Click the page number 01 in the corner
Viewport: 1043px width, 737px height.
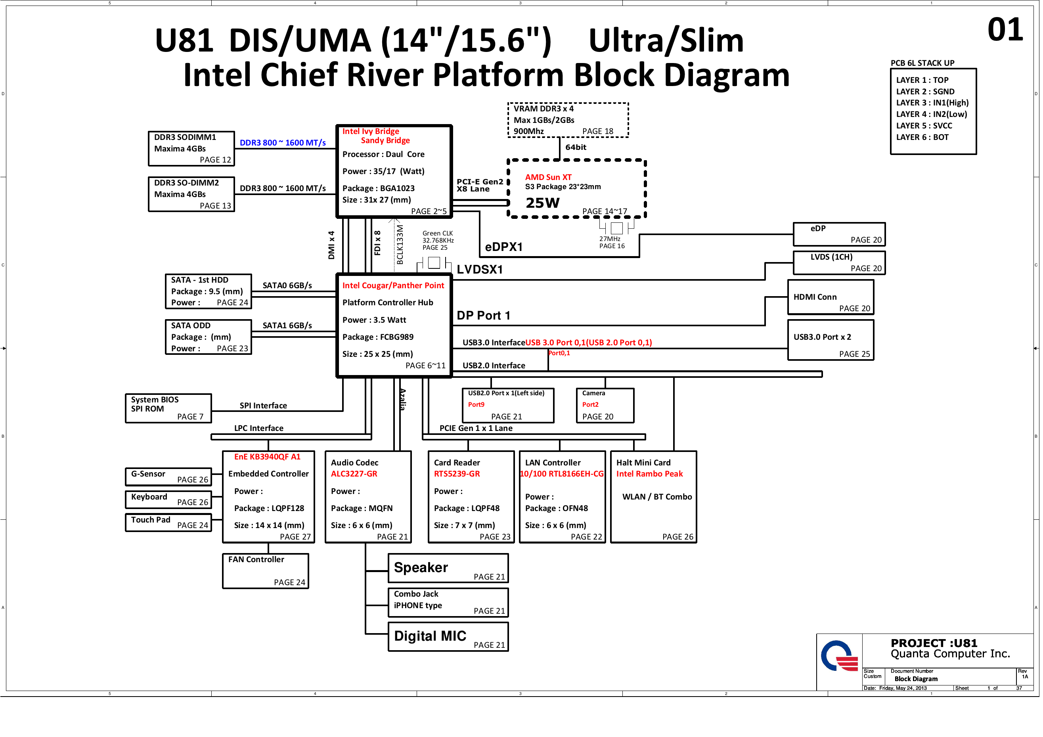[1005, 30]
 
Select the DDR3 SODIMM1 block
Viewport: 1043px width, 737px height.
[191, 149]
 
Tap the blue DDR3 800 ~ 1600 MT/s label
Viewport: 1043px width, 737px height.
[283, 143]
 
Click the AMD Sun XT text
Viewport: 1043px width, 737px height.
[548, 177]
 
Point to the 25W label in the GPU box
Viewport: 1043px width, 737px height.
[542, 203]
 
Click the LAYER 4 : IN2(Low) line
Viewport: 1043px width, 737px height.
[931, 115]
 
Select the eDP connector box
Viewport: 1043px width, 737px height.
[838, 234]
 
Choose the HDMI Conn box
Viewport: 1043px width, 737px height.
[830, 297]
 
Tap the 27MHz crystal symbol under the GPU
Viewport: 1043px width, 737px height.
[616, 228]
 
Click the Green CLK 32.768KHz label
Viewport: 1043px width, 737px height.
[438, 240]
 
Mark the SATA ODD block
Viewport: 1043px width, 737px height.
[208, 337]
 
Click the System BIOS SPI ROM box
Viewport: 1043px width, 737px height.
[168, 408]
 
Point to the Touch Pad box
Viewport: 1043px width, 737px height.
[168, 523]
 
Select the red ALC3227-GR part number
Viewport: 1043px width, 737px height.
[354, 474]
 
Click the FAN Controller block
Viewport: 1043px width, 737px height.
[265, 571]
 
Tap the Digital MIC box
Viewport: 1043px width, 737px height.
[448, 637]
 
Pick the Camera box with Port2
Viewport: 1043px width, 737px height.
[605, 405]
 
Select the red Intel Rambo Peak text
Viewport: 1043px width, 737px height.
[649, 474]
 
